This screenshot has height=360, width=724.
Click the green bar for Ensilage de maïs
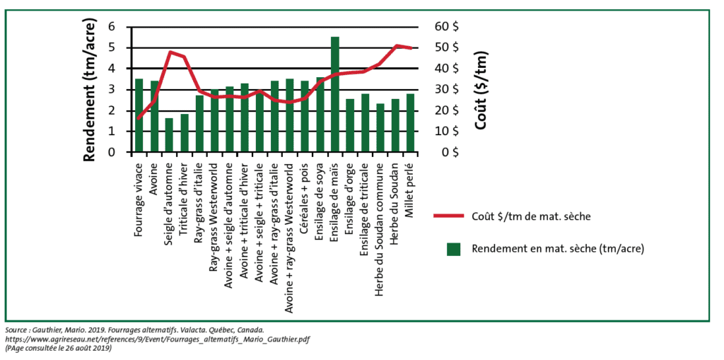[x=335, y=94]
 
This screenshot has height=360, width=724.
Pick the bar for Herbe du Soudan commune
[x=380, y=128]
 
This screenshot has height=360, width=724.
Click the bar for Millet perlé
[x=410, y=123]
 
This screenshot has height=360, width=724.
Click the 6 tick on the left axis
[x=110, y=27]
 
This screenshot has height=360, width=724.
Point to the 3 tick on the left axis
[x=110, y=90]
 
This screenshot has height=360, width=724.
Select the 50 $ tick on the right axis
[x=447, y=47]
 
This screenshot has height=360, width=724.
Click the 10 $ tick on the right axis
[x=447, y=132]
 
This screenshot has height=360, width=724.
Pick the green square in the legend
[x=452, y=248]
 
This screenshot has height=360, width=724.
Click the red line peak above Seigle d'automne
[x=170, y=52]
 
